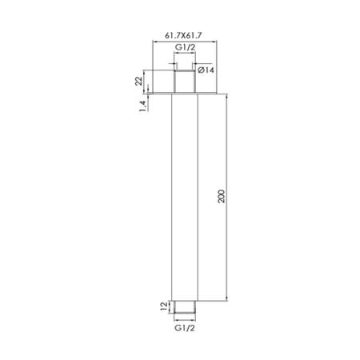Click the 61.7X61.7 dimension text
[183, 35]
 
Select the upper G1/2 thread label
[185, 47]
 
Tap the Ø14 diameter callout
[206, 70]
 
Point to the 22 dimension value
[138, 81]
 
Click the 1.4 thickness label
[142, 106]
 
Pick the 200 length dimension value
[222, 196]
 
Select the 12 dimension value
[163, 306]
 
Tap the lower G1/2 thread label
[185, 328]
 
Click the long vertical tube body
[185, 198]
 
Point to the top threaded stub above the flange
[185, 82]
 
